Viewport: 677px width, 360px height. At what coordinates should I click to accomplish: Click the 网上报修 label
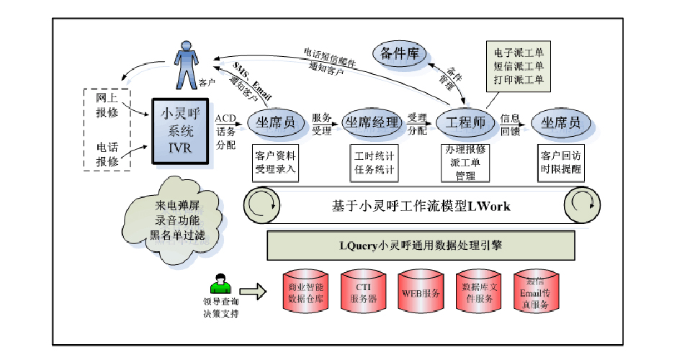click(107, 105)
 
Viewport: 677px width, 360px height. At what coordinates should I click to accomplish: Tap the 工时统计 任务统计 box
click(374, 163)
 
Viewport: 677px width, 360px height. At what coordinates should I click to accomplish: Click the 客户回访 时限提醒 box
click(560, 163)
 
